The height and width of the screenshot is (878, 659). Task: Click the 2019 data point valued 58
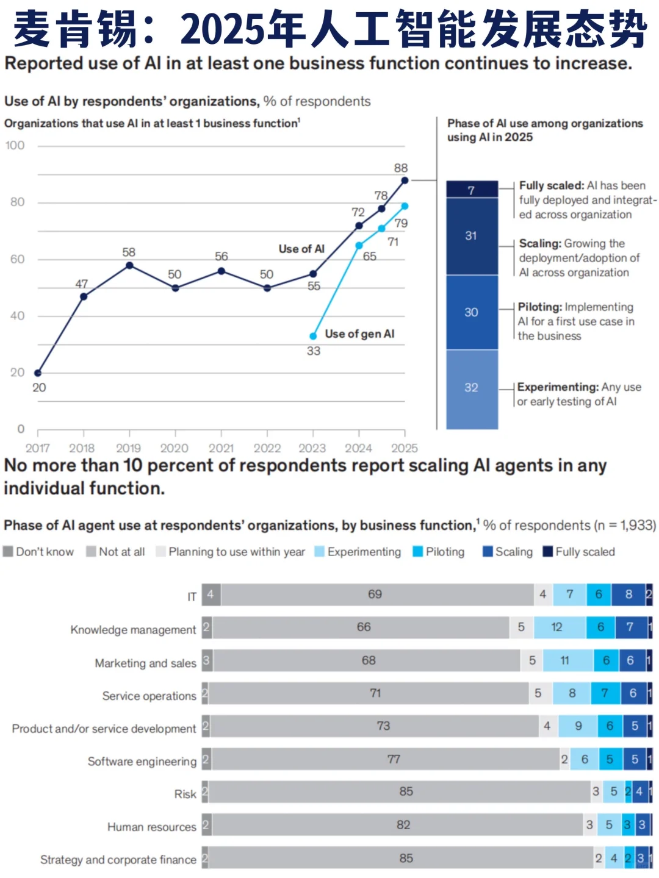(129, 265)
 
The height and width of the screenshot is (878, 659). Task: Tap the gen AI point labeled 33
(313, 336)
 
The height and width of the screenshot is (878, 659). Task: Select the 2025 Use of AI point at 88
(405, 180)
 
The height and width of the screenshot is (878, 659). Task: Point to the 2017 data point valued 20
(38, 373)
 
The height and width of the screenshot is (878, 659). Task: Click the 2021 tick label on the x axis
(221, 448)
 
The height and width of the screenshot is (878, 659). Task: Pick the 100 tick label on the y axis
(15, 145)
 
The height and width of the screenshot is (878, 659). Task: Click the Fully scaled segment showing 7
(472, 189)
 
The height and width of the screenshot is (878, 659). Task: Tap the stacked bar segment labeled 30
(472, 312)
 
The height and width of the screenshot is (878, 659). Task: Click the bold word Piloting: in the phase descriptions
(540, 307)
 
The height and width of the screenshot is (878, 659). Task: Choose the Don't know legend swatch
(8, 552)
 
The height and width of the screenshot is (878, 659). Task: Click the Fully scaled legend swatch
(547, 552)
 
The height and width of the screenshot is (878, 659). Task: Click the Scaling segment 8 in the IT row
(628, 594)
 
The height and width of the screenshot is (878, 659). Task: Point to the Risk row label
(185, 794)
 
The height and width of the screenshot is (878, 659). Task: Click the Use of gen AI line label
(359, 334)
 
